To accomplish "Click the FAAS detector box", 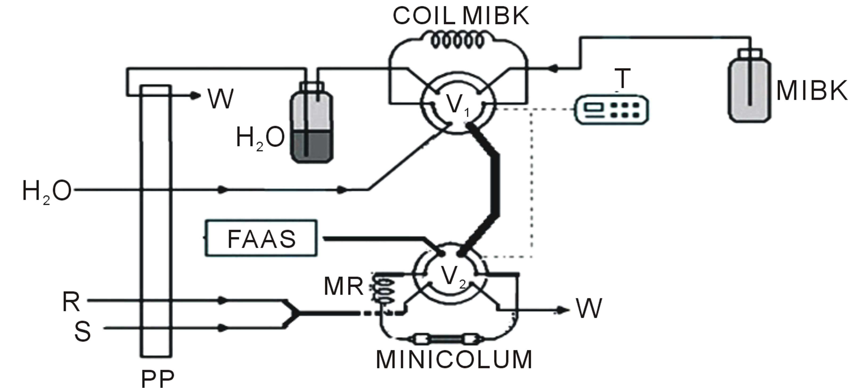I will (261, 238).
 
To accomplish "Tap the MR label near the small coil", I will (343, 286).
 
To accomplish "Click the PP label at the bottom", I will (157, 380).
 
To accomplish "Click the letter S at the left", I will (82, 331).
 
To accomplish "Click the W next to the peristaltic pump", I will (220, 98).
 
